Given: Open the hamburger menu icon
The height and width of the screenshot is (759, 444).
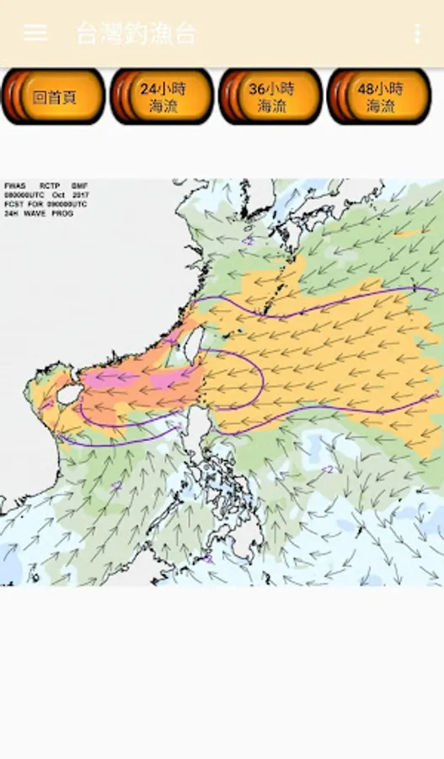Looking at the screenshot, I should coord(35,33).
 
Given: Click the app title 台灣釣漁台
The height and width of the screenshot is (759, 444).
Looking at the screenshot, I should coord(136,34).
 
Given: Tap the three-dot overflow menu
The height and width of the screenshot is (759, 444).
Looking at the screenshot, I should coord(417,34).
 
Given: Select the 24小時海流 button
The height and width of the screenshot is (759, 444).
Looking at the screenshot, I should coord(163,97).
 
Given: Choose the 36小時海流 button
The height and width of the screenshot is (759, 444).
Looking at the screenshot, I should coord(270,97).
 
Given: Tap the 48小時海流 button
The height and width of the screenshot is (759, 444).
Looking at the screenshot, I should coord(379,97).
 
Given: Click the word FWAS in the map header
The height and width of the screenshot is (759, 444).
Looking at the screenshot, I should coord(15,186).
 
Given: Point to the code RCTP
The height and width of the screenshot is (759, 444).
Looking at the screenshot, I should coord(50,186).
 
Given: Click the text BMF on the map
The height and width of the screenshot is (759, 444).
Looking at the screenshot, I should coord(79,186).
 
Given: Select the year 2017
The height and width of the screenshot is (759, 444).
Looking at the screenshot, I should coord(80,195).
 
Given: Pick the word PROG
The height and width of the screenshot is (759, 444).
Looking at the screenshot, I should coord(62,213).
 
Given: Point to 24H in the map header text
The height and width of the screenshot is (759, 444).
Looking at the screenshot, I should coord(11,213).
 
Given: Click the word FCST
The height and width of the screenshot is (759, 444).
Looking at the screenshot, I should coord(13,204).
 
